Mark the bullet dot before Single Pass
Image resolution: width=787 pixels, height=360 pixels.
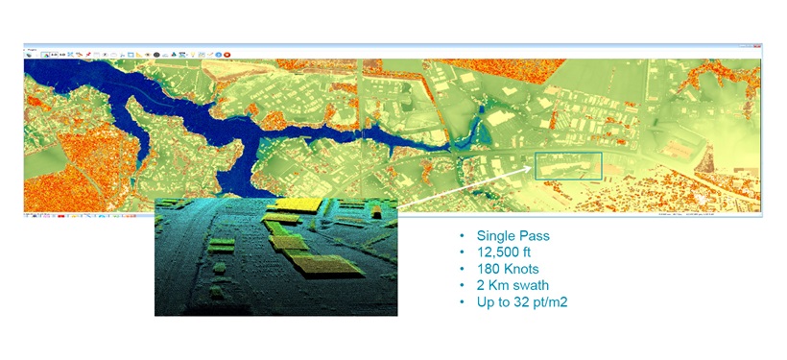click(x=463, y=236)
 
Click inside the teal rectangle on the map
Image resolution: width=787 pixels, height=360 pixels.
click(x=567, y=166)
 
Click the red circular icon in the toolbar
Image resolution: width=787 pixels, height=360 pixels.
click(x=227, y=54)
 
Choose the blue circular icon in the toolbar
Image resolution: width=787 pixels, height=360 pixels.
click(x=218, y=54)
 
